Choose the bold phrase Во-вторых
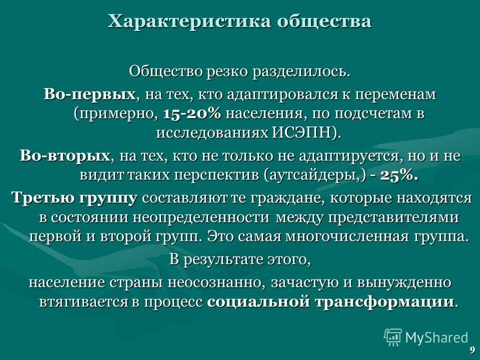click(65, 156)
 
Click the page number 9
click(472, 350)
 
